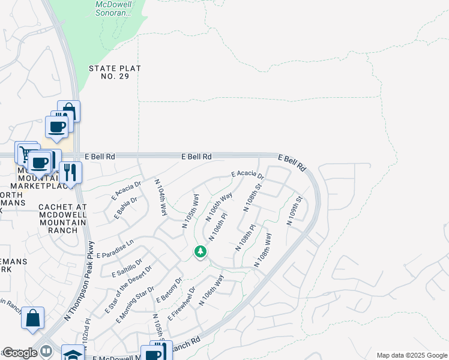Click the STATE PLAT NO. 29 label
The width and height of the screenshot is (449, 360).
[115, 73]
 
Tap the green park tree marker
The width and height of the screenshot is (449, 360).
[200, 252]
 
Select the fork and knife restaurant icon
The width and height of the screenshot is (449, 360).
[71, 173]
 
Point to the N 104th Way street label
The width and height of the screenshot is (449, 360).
[161, 197]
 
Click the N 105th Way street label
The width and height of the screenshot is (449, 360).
[190, 210]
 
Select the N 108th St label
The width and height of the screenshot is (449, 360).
[253, 198]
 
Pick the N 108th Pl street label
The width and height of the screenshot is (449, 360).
[244, 238]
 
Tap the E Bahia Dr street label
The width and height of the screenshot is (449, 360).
[125, 207]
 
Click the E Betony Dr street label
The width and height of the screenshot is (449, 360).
[169, 290]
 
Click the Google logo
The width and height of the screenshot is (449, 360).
[20, 353]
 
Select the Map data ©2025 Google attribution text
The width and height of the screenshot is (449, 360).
[412, 355]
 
